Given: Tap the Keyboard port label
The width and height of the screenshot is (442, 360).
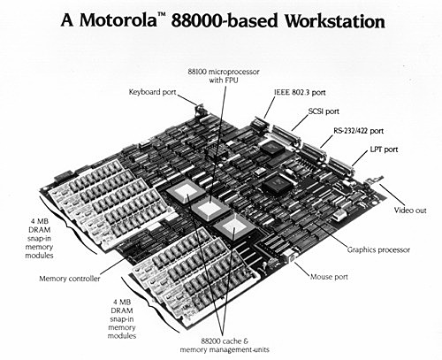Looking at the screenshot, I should pos(155,90).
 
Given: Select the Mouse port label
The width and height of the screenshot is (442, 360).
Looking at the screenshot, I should pos(329,277).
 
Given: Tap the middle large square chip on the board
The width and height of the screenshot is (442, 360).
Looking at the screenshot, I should pos(209,210).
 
